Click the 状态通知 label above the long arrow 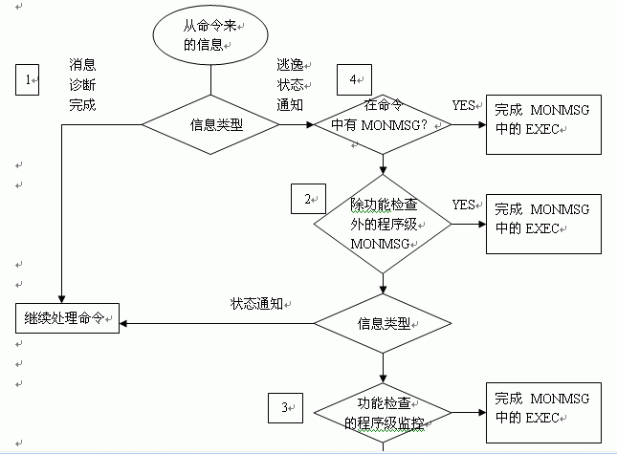coord(256,304)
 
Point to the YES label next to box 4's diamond coord(464,105)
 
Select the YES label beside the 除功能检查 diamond coord(464,205)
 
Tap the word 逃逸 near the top coord(290,65)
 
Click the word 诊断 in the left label coord(82,85)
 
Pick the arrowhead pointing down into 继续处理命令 coord(61,299)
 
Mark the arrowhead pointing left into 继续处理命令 coord(123,323)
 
